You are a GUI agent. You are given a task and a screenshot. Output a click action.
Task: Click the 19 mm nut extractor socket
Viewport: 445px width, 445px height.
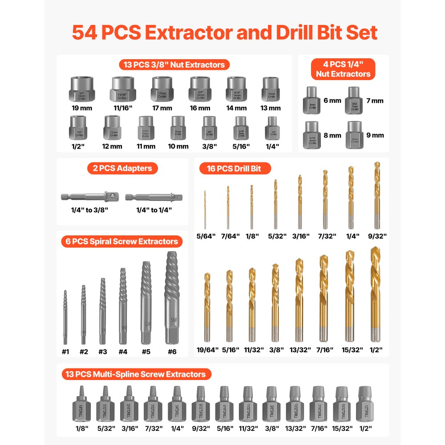pyautogui.click(x=83, y=89)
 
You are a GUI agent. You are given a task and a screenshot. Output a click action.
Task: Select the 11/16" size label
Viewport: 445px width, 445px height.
pyautogui.click(x=123, y=108)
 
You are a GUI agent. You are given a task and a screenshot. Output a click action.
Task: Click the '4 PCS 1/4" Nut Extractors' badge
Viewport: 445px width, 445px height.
pyautogui.click(x=343, y=69)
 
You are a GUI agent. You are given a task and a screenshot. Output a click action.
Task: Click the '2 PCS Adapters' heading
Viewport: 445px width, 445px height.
pyautogui.click(x=122, y=168)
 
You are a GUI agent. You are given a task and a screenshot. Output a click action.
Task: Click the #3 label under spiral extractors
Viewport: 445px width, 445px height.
pyautogui.click(x=103, y=352)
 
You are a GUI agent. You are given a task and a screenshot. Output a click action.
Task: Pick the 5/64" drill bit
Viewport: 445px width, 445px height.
pyautogui.click(x=205, y=209)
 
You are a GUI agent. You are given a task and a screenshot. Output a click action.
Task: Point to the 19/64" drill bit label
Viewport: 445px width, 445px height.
pyautogui.click(x=207, y=350)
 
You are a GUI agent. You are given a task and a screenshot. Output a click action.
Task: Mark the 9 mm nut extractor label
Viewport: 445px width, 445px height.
pyautogui.click(x=375, y=135)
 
